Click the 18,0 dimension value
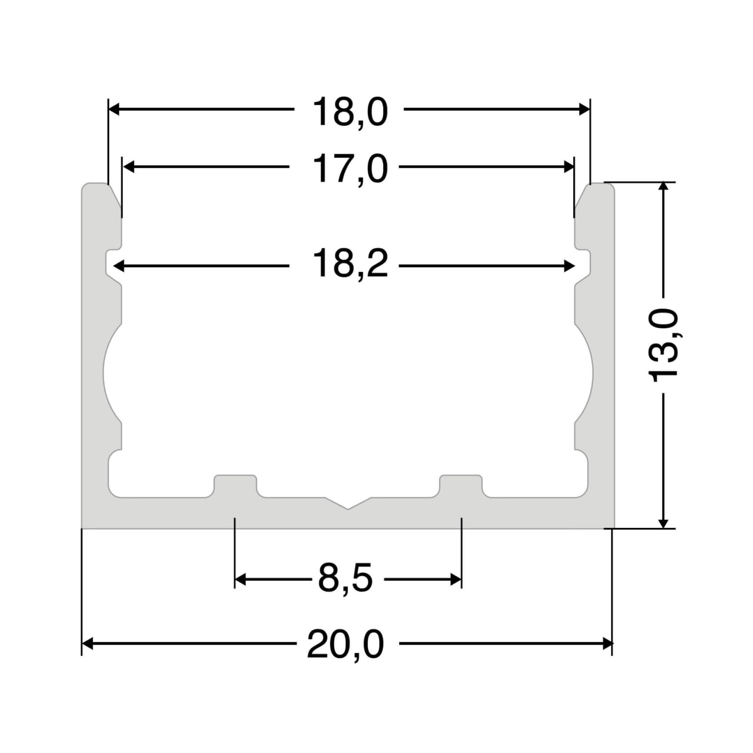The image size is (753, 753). point(350,112)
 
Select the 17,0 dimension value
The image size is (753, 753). point(350,169)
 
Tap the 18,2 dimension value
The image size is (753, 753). point(350,264)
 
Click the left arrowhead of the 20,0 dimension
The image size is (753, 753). point(87,643)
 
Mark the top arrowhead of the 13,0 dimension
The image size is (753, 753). point(663,188)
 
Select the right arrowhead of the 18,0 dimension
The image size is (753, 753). point(584,109)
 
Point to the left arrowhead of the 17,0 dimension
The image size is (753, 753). point(128,167)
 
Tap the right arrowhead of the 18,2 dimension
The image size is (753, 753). point(569,266)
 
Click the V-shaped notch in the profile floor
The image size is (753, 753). point(348,505)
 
